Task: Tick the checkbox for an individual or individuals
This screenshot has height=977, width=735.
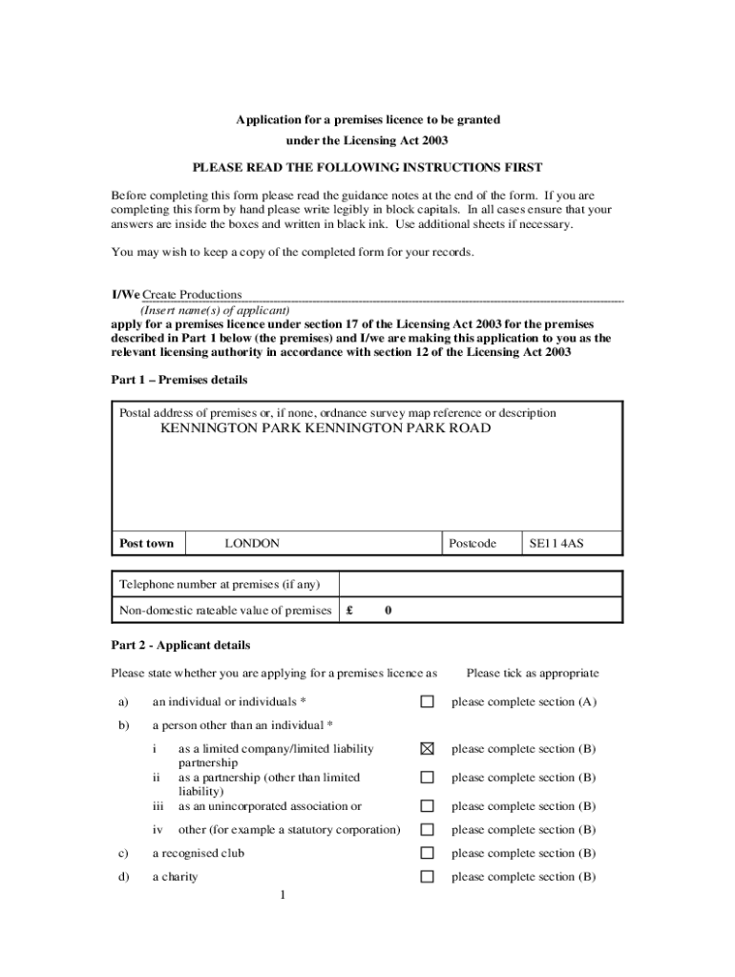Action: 428,702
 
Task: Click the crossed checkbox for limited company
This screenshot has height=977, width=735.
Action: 428,749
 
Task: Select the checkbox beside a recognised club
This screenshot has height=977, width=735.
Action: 428,853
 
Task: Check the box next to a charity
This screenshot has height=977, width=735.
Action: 428,877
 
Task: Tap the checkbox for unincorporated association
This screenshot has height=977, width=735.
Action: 428,806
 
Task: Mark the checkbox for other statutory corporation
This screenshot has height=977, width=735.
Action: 428,830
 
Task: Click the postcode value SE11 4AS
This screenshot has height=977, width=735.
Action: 556,544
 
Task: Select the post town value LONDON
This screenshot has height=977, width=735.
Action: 252,544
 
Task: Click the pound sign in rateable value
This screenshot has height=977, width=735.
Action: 350,611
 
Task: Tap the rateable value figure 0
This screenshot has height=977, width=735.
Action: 388,611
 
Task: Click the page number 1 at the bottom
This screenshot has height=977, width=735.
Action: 283,895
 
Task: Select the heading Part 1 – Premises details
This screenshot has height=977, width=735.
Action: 179,380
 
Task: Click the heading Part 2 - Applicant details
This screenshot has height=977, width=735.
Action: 180,645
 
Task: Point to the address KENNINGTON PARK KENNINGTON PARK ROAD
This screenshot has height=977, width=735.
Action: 325,429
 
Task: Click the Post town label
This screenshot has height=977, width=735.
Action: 146,544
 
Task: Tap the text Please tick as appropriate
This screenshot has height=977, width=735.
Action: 533,674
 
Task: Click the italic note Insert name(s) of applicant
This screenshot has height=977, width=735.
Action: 215,310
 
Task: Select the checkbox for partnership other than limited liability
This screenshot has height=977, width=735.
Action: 428,778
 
